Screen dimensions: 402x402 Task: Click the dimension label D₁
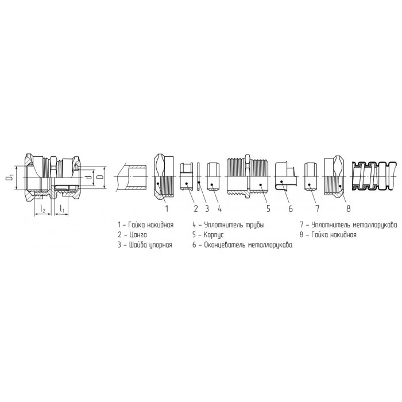[10, 177]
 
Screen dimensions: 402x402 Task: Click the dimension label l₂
[43, 210]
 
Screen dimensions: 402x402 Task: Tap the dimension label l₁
[62, 209]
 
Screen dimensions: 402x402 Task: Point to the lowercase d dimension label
[88, 177]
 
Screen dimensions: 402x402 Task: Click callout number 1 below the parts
[167, 208]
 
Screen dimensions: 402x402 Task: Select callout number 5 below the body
[268, 208]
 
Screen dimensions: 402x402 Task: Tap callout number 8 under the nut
[348, 208]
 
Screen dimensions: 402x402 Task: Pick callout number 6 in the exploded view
[291, 208]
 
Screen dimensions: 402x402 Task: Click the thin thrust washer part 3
[199, 176]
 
